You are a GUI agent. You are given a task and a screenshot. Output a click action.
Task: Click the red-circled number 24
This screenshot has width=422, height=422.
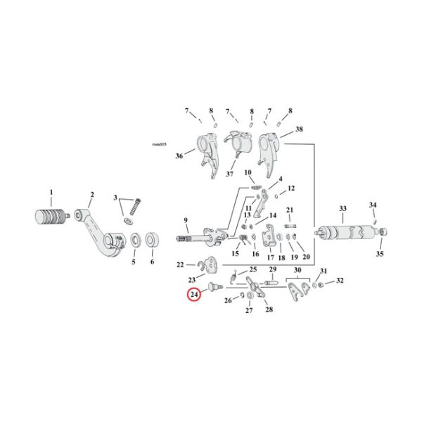pyautogui.click(x=193, y=295)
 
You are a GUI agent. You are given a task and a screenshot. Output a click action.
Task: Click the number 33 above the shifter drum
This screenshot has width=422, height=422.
pyautogui.click(x=343, y=209)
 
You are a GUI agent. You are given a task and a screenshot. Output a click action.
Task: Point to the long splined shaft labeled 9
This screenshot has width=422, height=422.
pyautogui.click(x=204, y=234)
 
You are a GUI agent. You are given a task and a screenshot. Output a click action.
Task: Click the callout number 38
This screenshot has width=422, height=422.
pyautogui.click(x=299, y=130)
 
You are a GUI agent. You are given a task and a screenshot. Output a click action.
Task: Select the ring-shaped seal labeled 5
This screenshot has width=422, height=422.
pyautogui.click(x=132, y=243)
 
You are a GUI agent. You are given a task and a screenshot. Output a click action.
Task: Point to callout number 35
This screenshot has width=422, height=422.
pyautogui.click(x=379, y=254)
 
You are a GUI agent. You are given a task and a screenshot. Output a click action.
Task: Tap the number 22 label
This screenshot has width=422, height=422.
pyautogui.click(x=180, y=265)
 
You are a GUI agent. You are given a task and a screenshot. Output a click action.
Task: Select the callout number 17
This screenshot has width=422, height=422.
pyautogui.click(x=270, y=257)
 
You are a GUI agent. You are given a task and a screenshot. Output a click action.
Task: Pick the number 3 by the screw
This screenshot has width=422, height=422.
pyautogui.click(x=116, y=200)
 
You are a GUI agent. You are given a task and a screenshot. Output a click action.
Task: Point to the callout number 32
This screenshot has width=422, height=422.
pyautogui.click(x=340, y=281)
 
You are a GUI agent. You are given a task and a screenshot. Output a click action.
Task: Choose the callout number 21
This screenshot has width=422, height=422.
pyautogui.click(x=290, y=210)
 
